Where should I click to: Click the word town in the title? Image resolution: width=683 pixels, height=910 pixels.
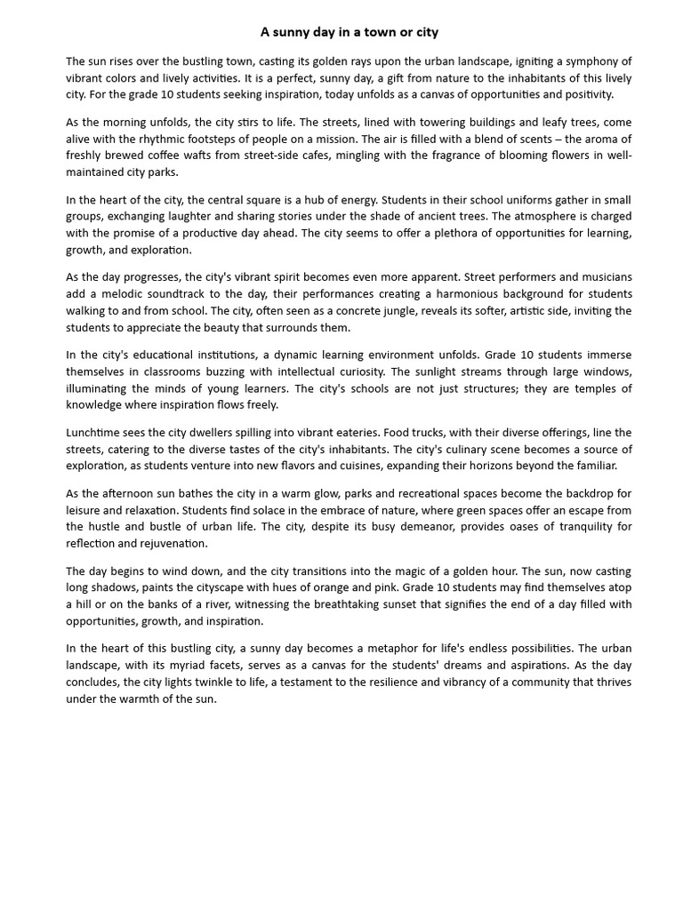click(x=378, y=32)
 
